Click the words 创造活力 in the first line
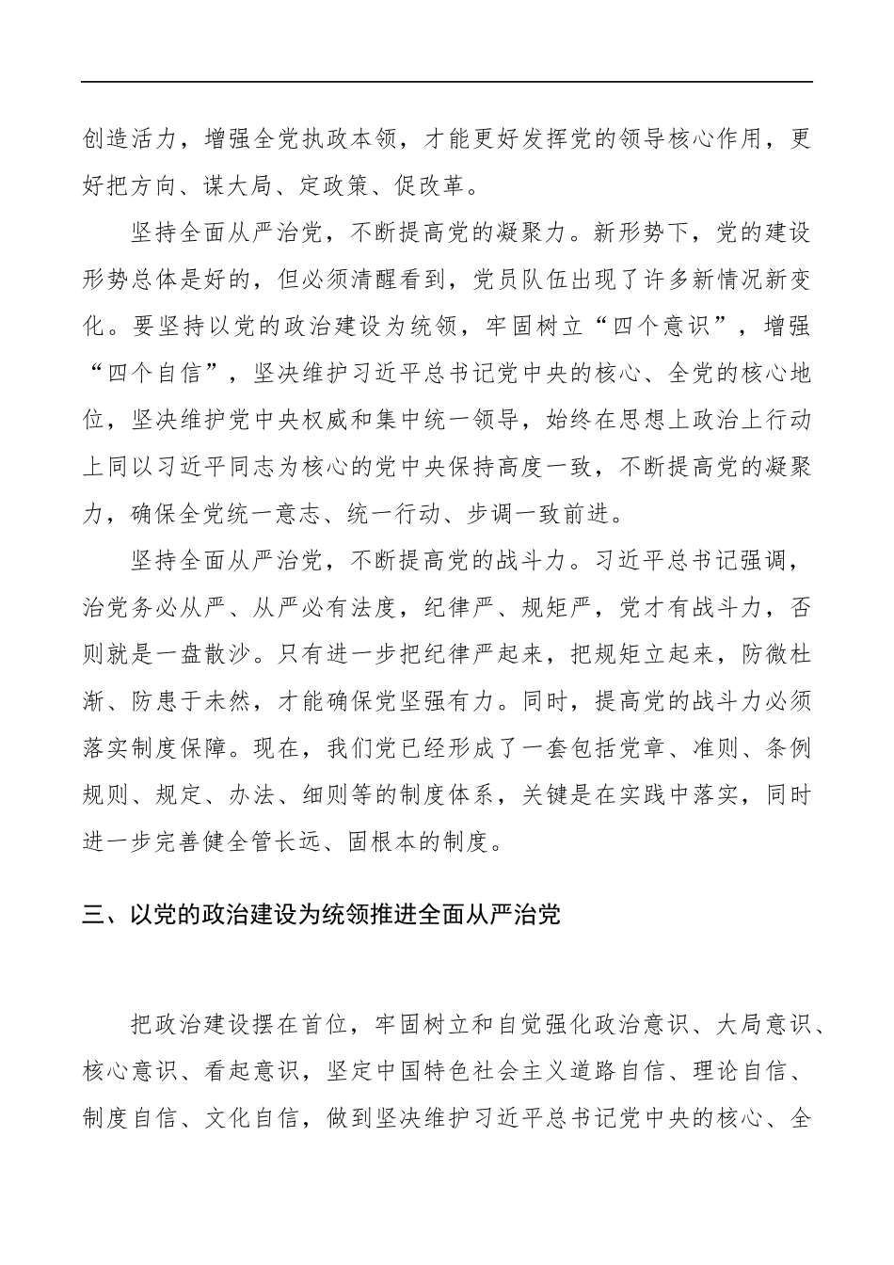coord(130,140)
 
